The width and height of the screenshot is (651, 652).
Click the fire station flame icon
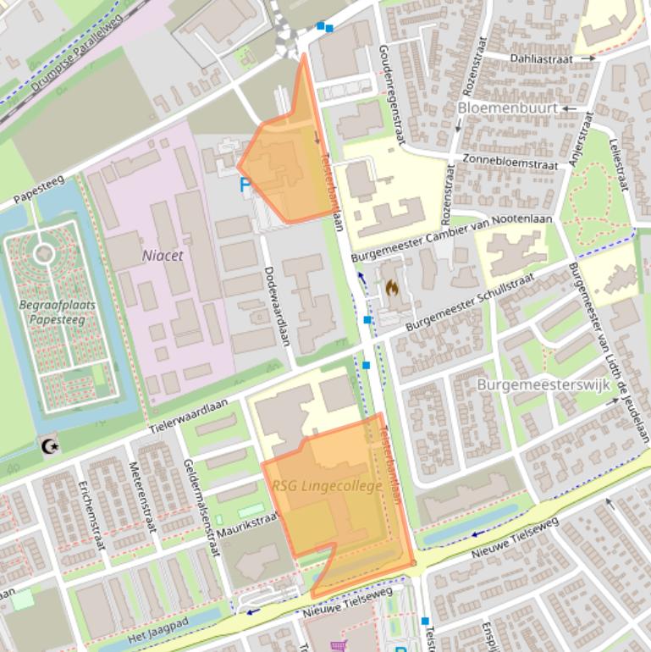[x=392, y=288]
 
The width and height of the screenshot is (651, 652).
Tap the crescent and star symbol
[x=50, y=445]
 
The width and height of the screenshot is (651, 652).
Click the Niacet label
[x=163, y=254]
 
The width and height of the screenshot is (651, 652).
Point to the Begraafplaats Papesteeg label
[x=57, y=312]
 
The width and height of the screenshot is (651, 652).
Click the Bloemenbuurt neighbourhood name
[x=507, y=108]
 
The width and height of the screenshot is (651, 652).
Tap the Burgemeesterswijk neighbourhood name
[x=543, y=384]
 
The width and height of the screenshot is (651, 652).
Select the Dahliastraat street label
[x=541, y=59]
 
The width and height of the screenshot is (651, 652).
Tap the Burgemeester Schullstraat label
[x=482, y=301]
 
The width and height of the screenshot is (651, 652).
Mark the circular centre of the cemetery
[x=44, y=253]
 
